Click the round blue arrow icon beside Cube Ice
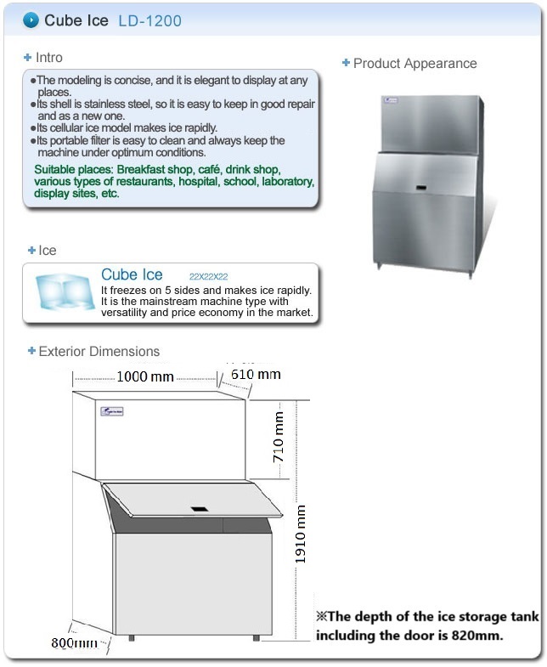pyautogui.click(x=31, y=20)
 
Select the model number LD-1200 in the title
pyautogui.click(x=149, y=20)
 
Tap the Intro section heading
pyautogui.click(x=49, y=58)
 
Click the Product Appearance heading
pyautogui.click(x=414, y=64)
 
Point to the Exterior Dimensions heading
pyautogui.click(x=99, y=351)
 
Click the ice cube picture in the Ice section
pyautogui.click(x=61, y=291)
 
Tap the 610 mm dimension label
pyautogui.click(x=256, y=375)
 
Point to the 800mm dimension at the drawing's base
pyautogui.click(x=74, y=643)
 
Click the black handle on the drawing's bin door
pyautogui.click(x=200, y=510)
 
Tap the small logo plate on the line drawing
pyautogui.click(x=111, y=412)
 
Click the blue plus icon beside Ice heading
pyautogui.click(x=31, y=251)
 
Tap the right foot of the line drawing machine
pyautogui.click(x=256, y=636)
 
